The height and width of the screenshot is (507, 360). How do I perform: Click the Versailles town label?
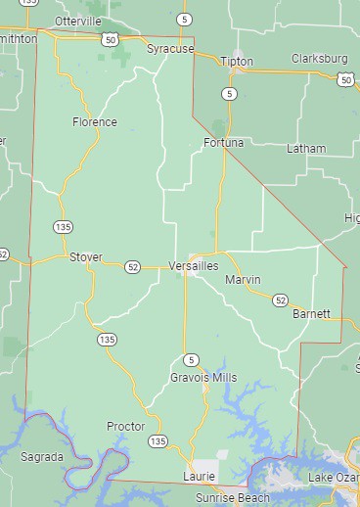(x=193, y=266)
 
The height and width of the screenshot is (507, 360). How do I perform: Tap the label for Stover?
(x=85, y=257)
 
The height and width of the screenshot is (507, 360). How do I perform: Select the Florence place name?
(x=95, y=122)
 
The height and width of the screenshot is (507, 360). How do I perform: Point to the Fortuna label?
(x=224, y=143)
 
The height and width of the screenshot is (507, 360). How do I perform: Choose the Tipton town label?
(x=237, y=61)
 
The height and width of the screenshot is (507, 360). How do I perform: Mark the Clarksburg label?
(x=320, y=59)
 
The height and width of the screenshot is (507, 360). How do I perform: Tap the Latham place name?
(x=306, y=149)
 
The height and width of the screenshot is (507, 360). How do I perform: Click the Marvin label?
(x=243, y=280)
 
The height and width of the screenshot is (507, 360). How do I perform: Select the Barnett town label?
(x=311, y=314)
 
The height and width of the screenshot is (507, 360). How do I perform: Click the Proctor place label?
(x=125, y=427)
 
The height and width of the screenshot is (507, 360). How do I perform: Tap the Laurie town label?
(x=198, y=476)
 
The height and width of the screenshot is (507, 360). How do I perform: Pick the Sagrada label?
(x=42, y=457)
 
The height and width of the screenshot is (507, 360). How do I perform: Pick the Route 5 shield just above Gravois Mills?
(x=191, y=359)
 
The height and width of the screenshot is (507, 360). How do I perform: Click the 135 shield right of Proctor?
(x=157, y=442)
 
